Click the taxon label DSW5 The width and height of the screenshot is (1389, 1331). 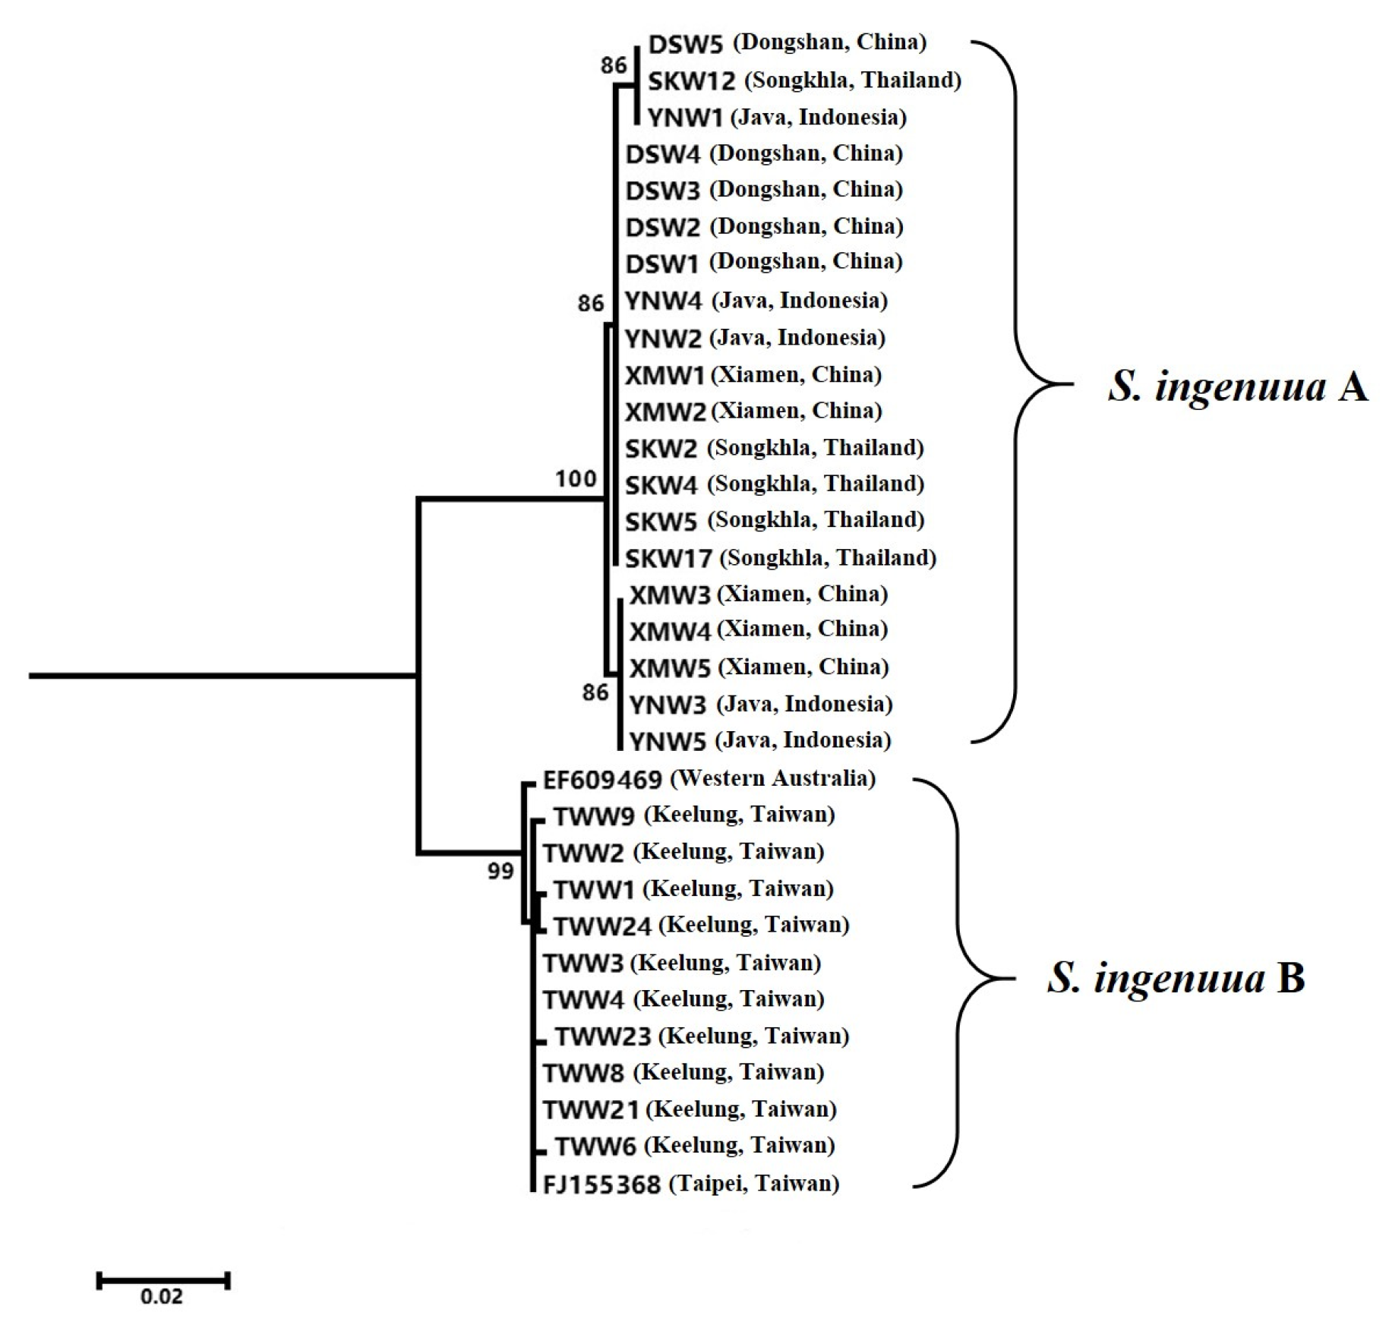point(685,45)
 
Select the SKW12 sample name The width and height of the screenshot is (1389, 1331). point(691,81)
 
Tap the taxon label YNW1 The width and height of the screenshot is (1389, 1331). point(684,118)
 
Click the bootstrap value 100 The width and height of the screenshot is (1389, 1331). point(575,479)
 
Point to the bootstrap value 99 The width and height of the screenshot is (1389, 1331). point(500,872)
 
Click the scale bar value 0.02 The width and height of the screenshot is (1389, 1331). point(161,1296)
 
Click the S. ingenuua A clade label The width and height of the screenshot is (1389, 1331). point(1237,387)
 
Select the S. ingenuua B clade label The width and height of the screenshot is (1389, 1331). point(1176,978)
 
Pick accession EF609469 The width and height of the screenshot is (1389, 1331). point(602,780)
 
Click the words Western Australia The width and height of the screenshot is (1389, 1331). point(773,779)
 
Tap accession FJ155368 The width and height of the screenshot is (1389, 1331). point(601,1184)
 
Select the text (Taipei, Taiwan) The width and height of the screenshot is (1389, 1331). point(753,1184)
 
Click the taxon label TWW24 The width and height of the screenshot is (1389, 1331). point(602,926)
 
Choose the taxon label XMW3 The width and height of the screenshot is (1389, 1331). point(670,595)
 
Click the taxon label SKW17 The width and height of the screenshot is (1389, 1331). point(668,560)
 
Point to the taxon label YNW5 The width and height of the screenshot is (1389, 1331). point(668,741)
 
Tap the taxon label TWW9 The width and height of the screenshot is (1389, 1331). point(594,816)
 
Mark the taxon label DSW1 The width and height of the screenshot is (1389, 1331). point(661,264)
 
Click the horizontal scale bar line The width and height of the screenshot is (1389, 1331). point(163,1281)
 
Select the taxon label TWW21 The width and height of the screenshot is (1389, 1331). point(591,1111)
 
